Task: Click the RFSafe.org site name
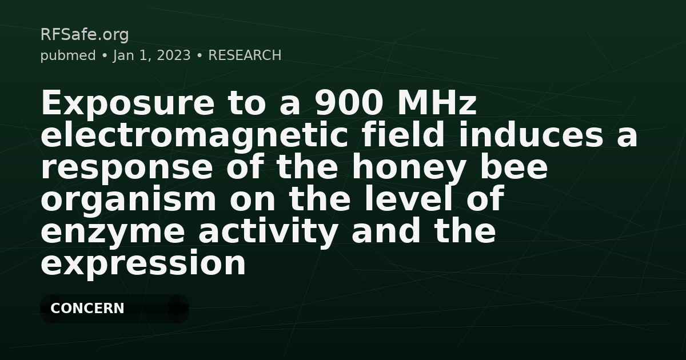coord(85,35)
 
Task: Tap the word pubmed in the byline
coord(67,55)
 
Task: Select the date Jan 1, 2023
coord(152,55)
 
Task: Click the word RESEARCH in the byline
coord(245,55)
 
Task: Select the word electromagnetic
coord(194,136)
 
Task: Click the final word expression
coord(143,264)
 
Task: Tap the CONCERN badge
coord(87,309)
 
